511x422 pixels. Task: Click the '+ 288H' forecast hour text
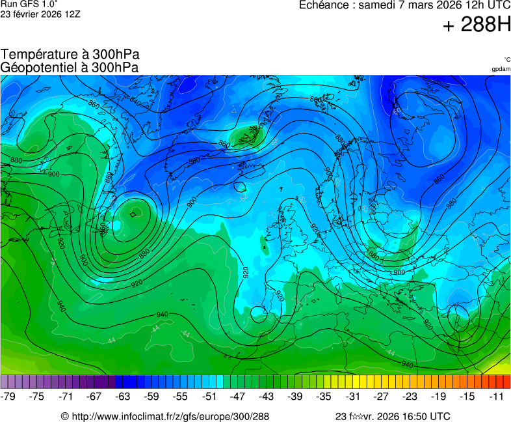point(477,25)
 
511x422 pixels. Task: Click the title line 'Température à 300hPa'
point(70,55)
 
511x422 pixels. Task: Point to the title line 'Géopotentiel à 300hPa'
point(70,67)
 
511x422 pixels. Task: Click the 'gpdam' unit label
point(501,69)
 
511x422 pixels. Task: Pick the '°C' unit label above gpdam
point(506,60)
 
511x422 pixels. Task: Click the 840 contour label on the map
point(135,100)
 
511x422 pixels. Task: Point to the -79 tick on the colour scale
point(9,396)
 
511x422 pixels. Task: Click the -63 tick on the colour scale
point(123,396)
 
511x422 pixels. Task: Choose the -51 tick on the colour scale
point(209,396)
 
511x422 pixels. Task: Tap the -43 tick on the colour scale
point(267,396)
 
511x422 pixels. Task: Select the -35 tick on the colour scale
point(324,396)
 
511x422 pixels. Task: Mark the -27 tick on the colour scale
point(381,396)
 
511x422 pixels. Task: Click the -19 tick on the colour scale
point(438,396)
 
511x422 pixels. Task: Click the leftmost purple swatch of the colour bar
point(5,382)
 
